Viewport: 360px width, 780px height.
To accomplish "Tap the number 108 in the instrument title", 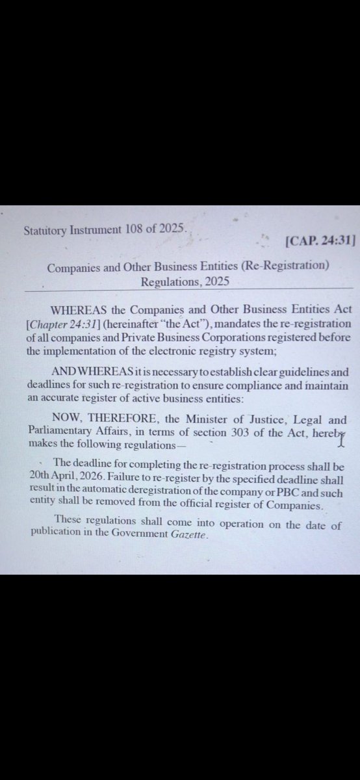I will pyautogui.click(x=127, y=229).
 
